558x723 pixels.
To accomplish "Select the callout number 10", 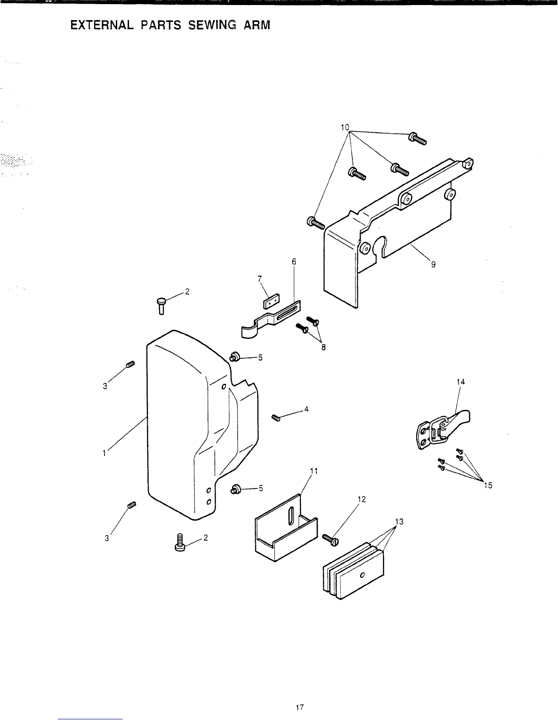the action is pos(345,126).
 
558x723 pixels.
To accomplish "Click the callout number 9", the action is pos(433,264).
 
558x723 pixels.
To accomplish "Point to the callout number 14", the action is pos(460,382).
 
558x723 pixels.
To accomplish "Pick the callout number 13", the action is pos(399,522).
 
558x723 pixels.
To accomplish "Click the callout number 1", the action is pos(104,453).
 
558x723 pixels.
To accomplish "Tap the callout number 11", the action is pos(313,470).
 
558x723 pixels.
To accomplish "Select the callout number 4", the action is pos(306,409).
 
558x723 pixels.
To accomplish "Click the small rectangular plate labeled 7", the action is pos(270,302).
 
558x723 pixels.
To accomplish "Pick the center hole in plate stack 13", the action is pos(362,575).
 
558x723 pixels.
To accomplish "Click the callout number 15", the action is pos(488,485).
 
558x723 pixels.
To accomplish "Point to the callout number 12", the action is pos(362,499).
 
